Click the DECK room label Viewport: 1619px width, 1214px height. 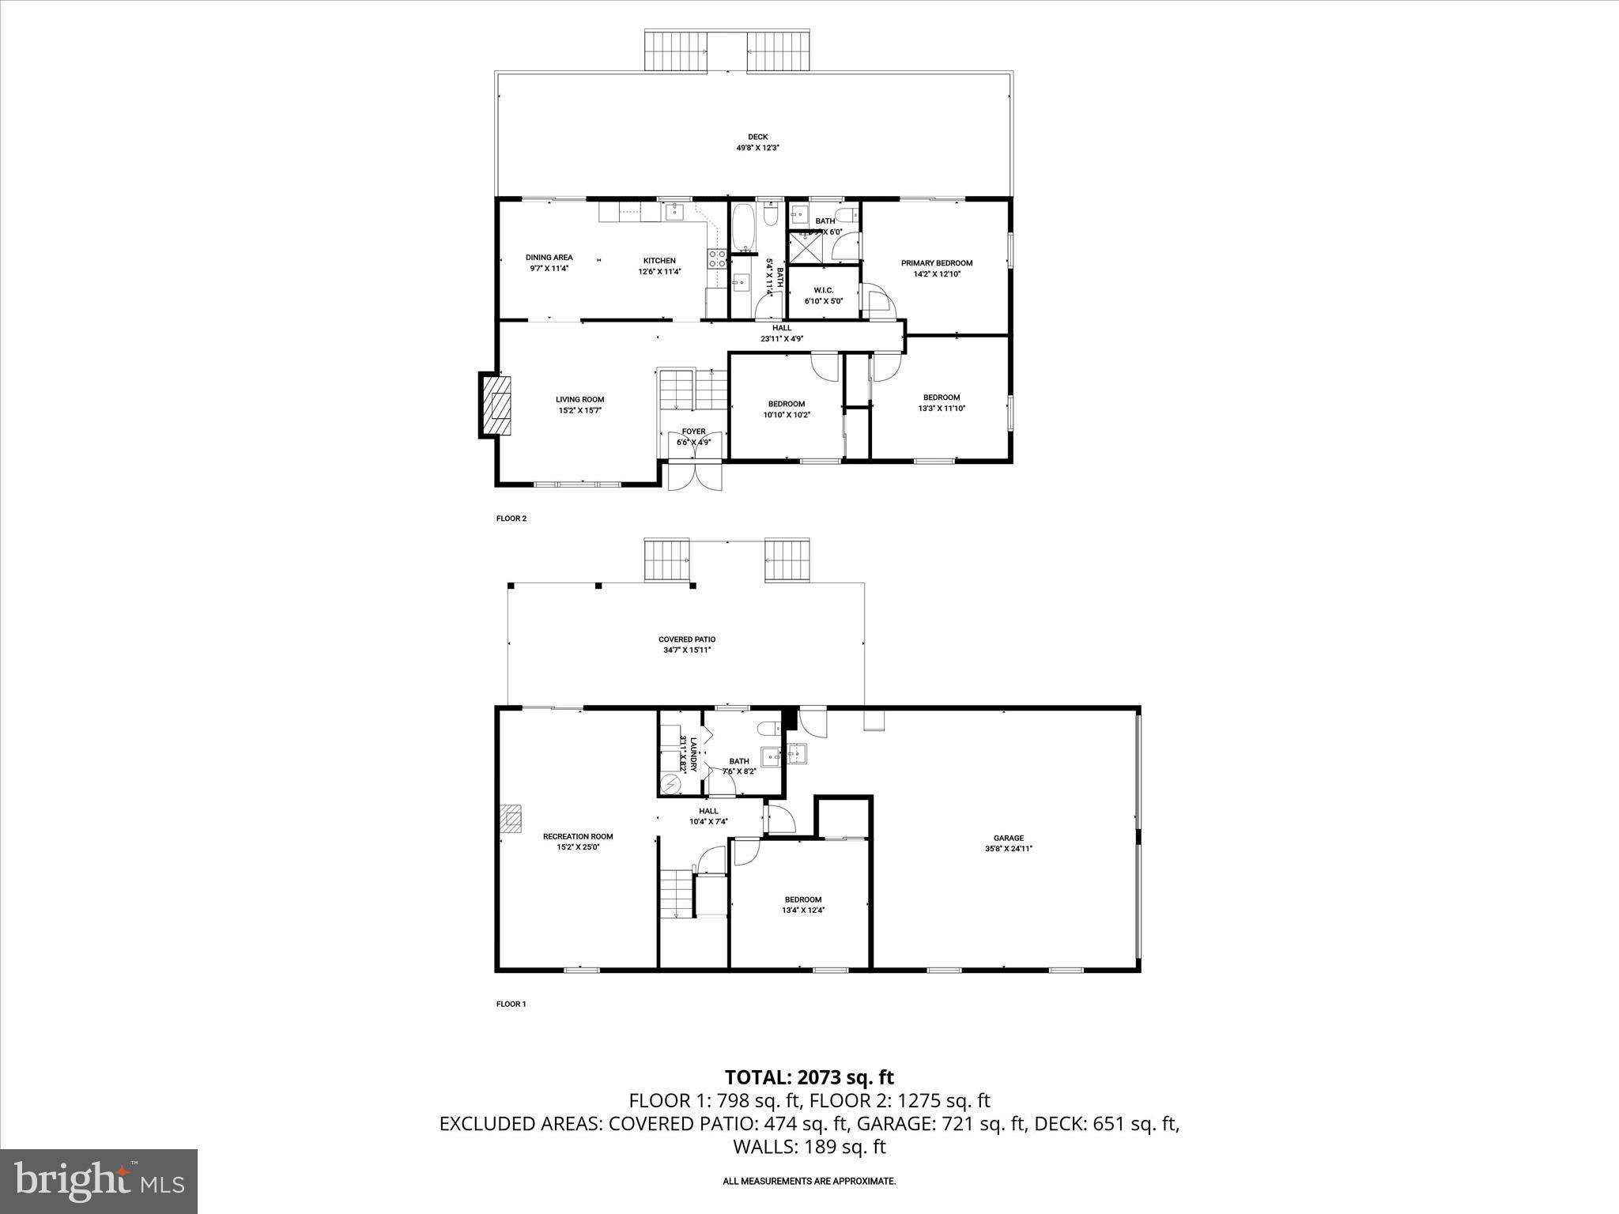(757, 137)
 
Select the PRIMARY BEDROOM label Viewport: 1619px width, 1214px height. (936, 263)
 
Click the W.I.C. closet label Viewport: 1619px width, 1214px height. (824, 290)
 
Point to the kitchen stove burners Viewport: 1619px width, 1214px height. (718, 258)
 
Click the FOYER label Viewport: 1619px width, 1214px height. (693, 432)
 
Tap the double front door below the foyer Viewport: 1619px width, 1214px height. (694, 477)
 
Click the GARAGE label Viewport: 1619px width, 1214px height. (1008, 838)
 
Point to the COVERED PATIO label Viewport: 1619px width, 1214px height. (686, 639)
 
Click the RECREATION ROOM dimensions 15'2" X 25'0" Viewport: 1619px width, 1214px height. (577, 847)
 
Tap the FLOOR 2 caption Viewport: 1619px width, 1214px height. (511, 518)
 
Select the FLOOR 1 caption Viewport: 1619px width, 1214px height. (511, 1004)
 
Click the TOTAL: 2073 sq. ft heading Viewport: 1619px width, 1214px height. (809, 1076)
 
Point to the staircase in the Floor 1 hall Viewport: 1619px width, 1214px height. (677, 893)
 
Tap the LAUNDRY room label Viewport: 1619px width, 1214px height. (693, 754)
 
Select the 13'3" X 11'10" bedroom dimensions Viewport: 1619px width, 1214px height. (942, 409)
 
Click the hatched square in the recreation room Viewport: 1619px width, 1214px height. (511, 819)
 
